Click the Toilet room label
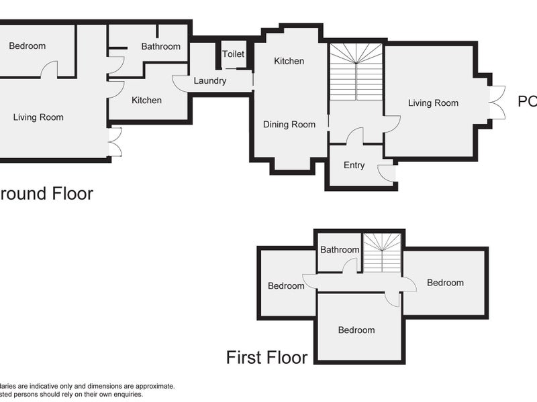point(234,54)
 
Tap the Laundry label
point(209,81)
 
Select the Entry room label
point(354,165)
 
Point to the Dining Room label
point(289,125)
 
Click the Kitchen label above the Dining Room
point(289,61)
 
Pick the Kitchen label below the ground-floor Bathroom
point(146,100)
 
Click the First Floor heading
point(266,357)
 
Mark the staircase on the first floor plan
point(382,253)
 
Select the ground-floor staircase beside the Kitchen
point(356,72)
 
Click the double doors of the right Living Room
point(497,103)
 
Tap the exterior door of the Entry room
point(387,173)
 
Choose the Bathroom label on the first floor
point(339,250)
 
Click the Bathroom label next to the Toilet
point(160,46)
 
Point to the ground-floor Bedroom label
point(28,46)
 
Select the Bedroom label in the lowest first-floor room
point(356,330)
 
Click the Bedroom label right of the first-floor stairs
point(445,283)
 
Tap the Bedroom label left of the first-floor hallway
point(286,286)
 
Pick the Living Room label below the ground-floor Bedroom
point(38,117)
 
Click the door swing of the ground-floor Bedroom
point(49,70)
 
